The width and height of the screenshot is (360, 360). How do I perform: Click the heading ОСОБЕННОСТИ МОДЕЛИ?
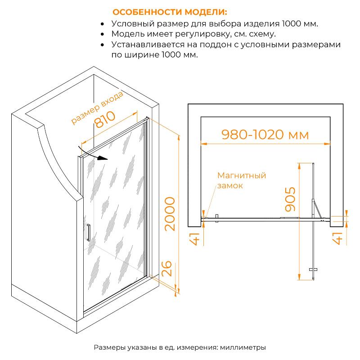tap(170, 12)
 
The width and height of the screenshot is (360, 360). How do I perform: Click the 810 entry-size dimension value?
tap(105, 119)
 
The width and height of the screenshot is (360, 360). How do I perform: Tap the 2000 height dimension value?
tap(170, 214)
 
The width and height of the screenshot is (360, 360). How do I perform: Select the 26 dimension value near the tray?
tap(166, 268)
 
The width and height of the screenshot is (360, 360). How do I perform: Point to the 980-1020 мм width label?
tap(265, 135)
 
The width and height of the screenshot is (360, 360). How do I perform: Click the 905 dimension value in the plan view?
tap(290, 199)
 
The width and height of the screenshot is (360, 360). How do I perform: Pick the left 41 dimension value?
tap(194, 239)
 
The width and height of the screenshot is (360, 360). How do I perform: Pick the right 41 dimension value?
tap(337, 238)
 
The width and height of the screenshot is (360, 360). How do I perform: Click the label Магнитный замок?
tap(242, 180)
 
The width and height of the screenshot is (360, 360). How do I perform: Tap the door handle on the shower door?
tap(88, 232)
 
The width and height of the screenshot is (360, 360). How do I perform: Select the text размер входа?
tap(97, 108)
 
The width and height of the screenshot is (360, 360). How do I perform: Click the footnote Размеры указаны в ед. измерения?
tap(156, 347)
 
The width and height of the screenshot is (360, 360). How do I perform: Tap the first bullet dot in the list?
tap(103, 24)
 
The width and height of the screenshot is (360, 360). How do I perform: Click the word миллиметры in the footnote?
tap(243, 347)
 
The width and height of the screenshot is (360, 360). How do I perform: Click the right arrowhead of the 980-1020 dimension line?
tap(327, 144)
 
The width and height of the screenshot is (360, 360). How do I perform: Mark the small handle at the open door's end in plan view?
tap(313, 270)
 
